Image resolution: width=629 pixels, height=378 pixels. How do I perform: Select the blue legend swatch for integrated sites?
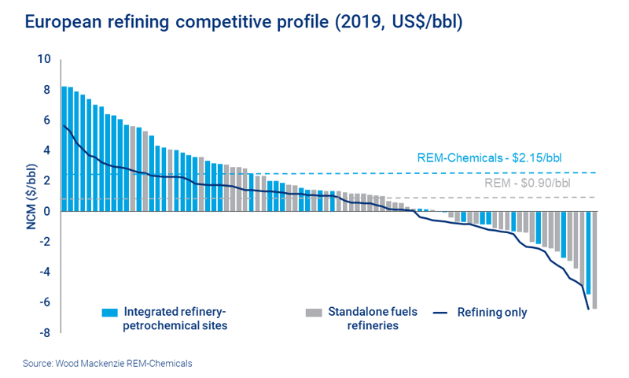[109, 313]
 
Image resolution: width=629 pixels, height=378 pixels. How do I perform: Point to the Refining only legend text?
[492, 313]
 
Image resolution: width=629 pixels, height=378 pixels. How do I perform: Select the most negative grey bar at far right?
[594, 259]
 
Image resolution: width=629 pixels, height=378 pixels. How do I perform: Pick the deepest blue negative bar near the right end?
[588, 252]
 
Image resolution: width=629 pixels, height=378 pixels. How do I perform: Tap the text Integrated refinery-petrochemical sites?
[175, 318]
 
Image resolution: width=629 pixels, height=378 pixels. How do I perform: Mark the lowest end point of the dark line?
[589, 309]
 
